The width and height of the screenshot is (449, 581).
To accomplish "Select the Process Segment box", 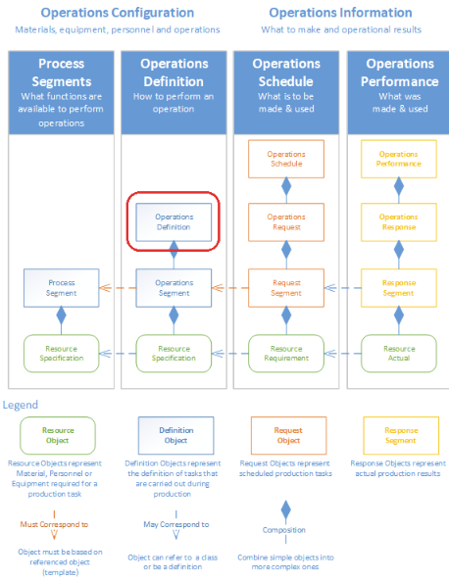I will [x=62, y=287].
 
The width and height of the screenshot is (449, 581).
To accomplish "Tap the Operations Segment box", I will [x=175, y=287].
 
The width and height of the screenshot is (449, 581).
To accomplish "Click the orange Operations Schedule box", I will [x=286, y=159].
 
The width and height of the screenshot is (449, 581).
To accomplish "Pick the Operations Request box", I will [x=286, y=221].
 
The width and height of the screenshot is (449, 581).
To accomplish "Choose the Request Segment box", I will [x=286, y=287].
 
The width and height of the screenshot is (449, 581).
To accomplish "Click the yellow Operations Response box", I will [x=398, y=221].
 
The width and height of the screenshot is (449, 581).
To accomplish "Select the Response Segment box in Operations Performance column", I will [x=398, y=287].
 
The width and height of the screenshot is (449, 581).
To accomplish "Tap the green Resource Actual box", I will [x=398, y=353].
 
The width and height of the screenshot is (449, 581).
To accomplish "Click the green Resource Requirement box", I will [x=286, y=353].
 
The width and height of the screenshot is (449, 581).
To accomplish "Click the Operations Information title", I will [x=340, y=13].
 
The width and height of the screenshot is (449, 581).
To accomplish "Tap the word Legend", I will [x=21, y=405].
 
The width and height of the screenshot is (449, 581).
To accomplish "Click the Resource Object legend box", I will [x=58, y=435].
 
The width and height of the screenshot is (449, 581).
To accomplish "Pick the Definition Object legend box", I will [x=175, y=435].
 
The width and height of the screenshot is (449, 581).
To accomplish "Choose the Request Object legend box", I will [x=287, y=435].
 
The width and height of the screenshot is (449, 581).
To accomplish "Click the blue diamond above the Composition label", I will [x=285, y=510].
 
